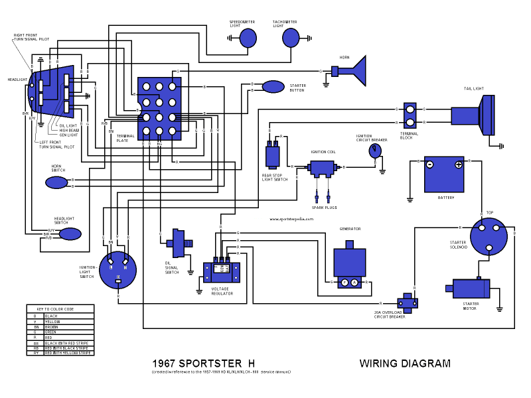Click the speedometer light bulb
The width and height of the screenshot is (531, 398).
click(248, 38)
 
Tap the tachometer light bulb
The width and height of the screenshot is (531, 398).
click(291, 38)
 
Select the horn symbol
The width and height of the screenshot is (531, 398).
click(354, 71)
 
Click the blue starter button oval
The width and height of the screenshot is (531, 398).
click(273, 87)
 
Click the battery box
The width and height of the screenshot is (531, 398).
click(444, 174)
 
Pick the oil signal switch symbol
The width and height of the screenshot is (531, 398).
click(178, 243)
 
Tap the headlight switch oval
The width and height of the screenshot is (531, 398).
click(70, 234)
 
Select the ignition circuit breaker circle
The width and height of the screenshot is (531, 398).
click(375, 151)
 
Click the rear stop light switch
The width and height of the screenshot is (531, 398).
click(273, 156)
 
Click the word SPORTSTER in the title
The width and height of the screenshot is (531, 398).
click(211, 364)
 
